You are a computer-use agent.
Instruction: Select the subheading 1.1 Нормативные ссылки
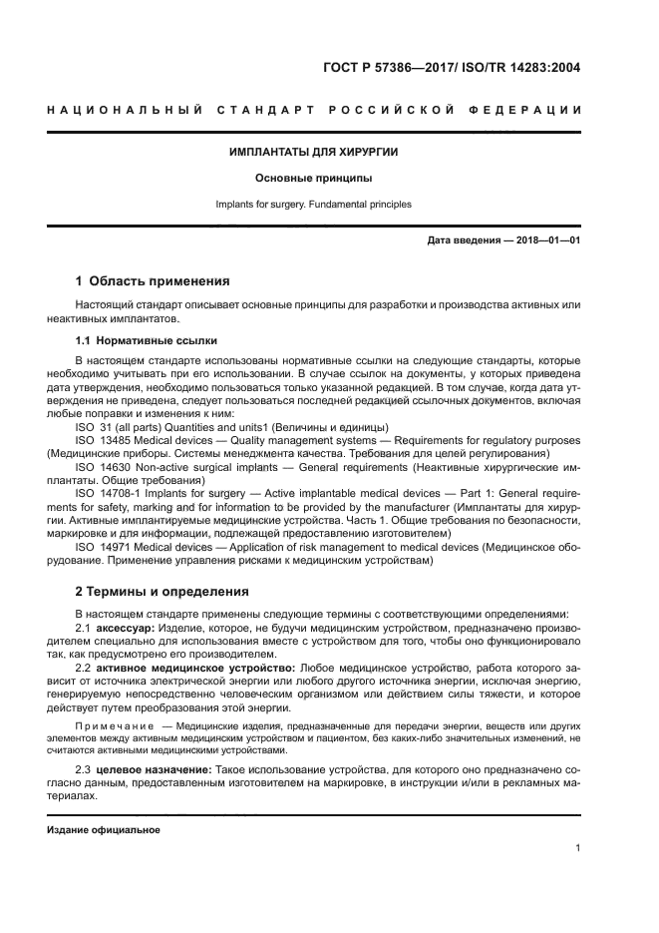(146, 340)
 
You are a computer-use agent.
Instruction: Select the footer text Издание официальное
(104, 830)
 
